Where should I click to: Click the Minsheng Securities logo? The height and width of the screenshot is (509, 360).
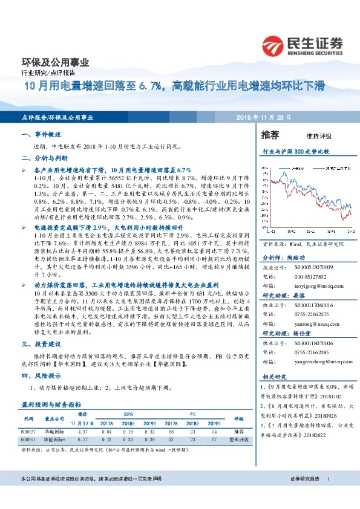pos(302,45)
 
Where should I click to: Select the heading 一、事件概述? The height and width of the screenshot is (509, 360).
pos(43,135)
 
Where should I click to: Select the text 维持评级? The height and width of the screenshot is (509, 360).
pos(312,137)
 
